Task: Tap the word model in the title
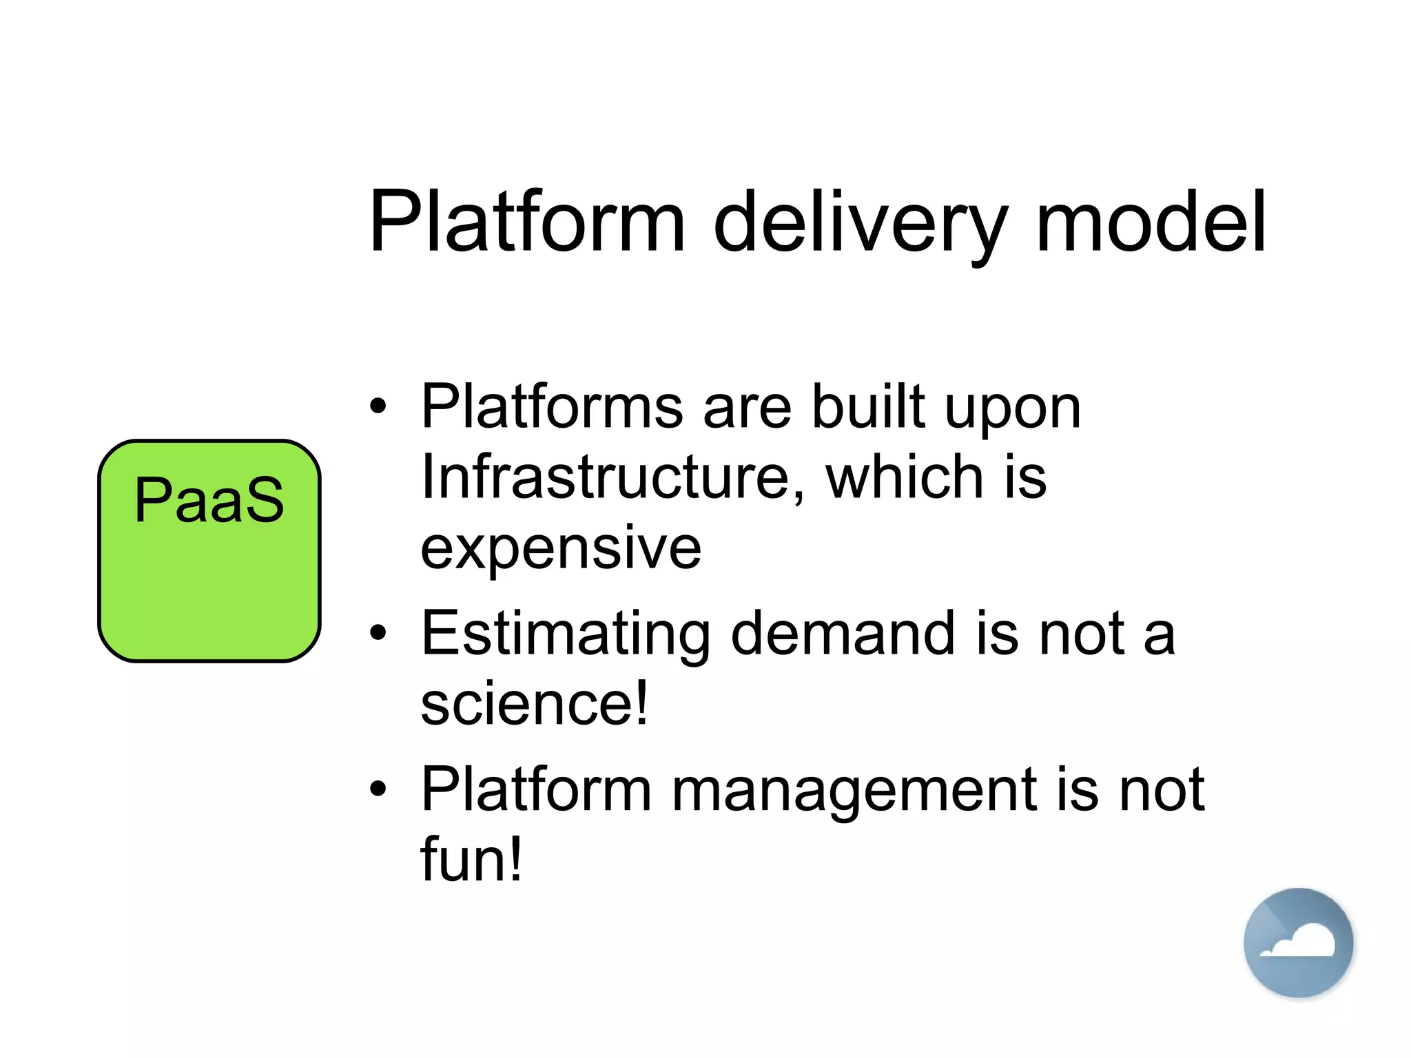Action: click(x=1151, y=222)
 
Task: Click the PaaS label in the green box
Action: click(x=209, y=500)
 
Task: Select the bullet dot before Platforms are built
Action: click(x=378, y=407)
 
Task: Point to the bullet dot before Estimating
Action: click(x=378, y=633)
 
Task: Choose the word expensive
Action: click(x=561, y=549)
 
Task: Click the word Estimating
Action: click(x=566, y=635)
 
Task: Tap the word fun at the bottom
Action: click(x=471, y=860)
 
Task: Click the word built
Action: click(x=868, y=406)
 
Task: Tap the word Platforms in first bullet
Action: click(x=552, y=406)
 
